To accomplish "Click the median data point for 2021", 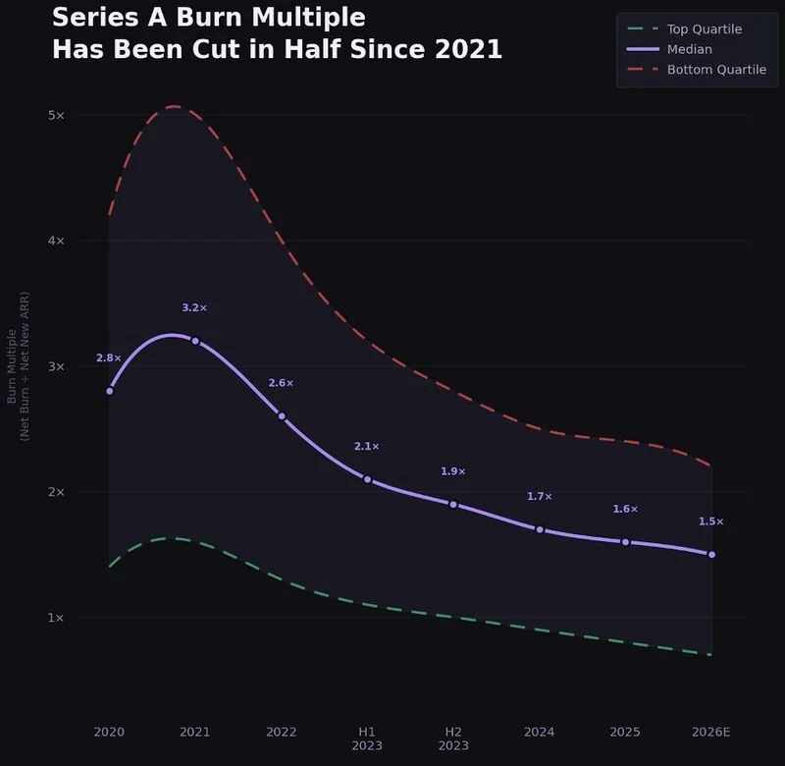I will pyautogui.click(x=195, y=341).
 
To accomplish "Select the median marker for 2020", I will pyautogui.click(x=109, y=391).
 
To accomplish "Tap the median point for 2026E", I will pyautogui.click(x=711, y=555).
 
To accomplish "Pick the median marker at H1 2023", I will pyautogui.click(x=367, y=479).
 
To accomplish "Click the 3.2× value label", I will pyautogui.click(x=194, y=308).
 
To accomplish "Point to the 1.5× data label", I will pyautogui.click(x=711, y=521).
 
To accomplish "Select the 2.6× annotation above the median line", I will pyautogui.click(x=281, y=383).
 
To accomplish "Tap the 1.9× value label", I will pyautogui.click(x=453, y=471).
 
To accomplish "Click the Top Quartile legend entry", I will pyautogui.click(x=704, y=29).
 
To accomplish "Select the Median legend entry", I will pyautogui.click(x=689, y=49).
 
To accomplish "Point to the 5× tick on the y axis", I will pyautogui.click(x=56, y=115).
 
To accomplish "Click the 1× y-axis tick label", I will pyautogui.click(x=56, y=618).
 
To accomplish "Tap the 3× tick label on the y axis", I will pyautogui.click(x=56, y=366).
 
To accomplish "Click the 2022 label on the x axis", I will pyautogui.click(x=281, y=732).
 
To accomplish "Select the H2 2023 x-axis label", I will pyautogui.click(x=453, y=739).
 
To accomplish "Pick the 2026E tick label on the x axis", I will pyautogui.click(x=711, y=732).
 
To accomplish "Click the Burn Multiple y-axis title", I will pyautogui.click(x=19, y=365).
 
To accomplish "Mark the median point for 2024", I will pyautogui.click(x=540, y=529).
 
